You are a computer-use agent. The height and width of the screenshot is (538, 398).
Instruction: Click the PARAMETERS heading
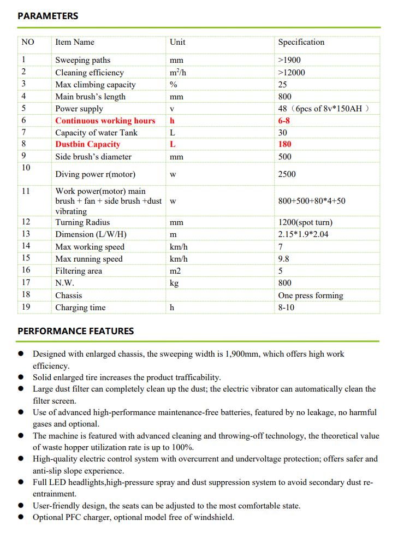[x=48, y=16]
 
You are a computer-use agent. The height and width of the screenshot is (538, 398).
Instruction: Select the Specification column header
[x=301, y=42]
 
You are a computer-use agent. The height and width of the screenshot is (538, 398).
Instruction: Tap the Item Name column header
[x=75, y=42]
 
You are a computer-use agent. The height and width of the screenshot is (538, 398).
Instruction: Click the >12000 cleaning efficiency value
[x=292, y=73]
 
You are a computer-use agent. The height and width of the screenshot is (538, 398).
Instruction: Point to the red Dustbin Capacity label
[x=87, y=144]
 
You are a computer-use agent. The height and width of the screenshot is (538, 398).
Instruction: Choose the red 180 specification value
[x=284, y=144]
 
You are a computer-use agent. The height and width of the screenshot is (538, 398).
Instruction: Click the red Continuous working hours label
[x=105, y=121]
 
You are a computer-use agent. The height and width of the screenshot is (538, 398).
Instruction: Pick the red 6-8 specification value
[x=284, y=121]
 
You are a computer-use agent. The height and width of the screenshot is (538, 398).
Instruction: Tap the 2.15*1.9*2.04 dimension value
[x=304, y=234]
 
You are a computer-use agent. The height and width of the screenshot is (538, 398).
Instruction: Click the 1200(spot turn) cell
[x=305, y=222]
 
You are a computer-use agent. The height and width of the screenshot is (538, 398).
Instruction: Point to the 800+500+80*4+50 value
[x=312, y=201]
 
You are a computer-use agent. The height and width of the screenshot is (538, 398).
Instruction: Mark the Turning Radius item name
[x=82, y=222]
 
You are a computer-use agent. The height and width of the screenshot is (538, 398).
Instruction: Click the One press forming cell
[x=311, y=295]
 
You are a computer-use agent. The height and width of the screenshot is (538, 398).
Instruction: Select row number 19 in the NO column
[x=26, y=307]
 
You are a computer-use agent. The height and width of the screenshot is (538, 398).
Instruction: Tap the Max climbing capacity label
[x=96, y=85]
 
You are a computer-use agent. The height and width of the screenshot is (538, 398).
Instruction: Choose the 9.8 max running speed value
[x=283, y=259]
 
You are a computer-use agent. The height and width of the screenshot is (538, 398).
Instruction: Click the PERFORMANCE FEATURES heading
[x=75, y=331]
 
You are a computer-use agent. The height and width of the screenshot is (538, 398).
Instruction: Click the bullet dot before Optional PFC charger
[x=21, y=517]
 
